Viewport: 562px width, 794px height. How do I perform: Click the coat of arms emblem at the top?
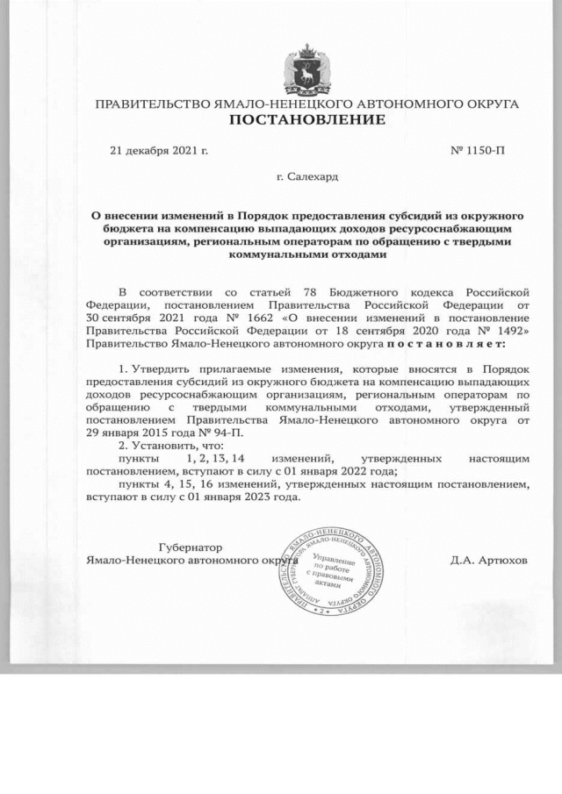click(306, 69)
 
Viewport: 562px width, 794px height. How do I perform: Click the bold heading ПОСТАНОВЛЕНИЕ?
click(306, 119)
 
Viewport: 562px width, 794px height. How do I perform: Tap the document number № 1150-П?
click(478, 151)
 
